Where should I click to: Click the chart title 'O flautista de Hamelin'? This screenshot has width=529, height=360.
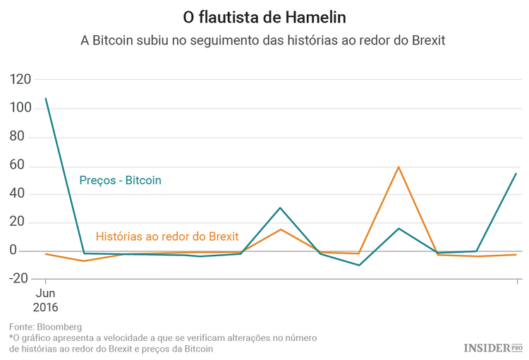tap(264, 16)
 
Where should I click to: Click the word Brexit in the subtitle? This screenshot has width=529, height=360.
tap(423, 40)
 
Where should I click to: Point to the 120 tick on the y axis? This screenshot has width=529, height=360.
tap(20, 80)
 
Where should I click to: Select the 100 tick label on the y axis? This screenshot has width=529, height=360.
tap(20, 109)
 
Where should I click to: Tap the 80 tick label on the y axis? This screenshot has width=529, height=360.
tap(24, 137)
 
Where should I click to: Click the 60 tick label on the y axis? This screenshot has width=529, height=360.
tap(24, 166)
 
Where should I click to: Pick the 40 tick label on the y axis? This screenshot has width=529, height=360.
tap(24, 194)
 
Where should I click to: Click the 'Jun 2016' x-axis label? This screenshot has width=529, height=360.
tap(45, 300)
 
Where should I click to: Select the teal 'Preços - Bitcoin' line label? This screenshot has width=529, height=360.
tap(120, 181)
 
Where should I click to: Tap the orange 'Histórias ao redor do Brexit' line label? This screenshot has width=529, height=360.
tap(167, 236)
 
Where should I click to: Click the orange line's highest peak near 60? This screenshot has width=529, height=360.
tap(399, 167)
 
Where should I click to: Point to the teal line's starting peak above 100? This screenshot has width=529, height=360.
tap(46, 99)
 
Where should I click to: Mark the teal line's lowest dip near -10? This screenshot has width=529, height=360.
tap(359, 265)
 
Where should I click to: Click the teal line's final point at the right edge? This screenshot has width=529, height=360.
tap(516, 173)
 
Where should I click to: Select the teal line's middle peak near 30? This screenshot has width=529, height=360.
tap(281, 208)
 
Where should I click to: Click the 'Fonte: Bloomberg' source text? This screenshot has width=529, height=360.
tap(45, 327)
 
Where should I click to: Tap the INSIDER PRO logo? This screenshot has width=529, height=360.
tap(493, 347)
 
